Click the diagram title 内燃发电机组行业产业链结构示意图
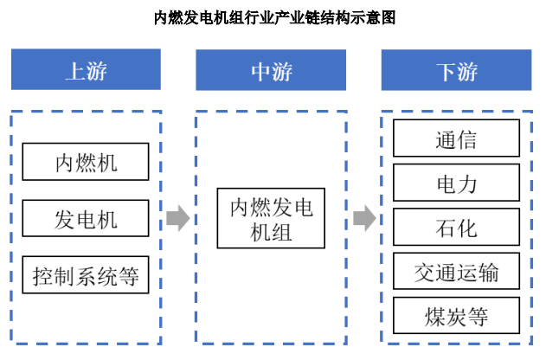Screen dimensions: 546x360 point(275,18)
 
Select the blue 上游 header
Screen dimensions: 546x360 point(86,69)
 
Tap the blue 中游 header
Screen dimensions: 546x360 point(271,70)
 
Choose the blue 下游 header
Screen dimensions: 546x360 point(457,70)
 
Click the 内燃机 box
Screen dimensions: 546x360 point(86,162)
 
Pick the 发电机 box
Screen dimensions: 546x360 point(86,218)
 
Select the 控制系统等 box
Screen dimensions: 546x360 point(86,275)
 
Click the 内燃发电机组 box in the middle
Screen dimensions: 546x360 point(271,218)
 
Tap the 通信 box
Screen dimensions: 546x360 point(457,138)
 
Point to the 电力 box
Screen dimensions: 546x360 point(457,183)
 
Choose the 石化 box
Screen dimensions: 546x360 point(457,227)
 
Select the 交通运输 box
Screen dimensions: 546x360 point(457,271)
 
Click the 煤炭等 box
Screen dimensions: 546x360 point(457,316)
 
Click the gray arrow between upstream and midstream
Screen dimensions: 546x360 point(178,218)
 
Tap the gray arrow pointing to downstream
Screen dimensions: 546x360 point(364,218)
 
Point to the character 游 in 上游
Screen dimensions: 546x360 point(97,71)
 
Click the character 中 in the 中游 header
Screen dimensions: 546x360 point(260,72)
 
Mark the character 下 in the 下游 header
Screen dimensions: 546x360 point(446,72)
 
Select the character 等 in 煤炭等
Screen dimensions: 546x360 point(478,318)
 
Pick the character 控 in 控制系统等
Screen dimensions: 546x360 point(43,277)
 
